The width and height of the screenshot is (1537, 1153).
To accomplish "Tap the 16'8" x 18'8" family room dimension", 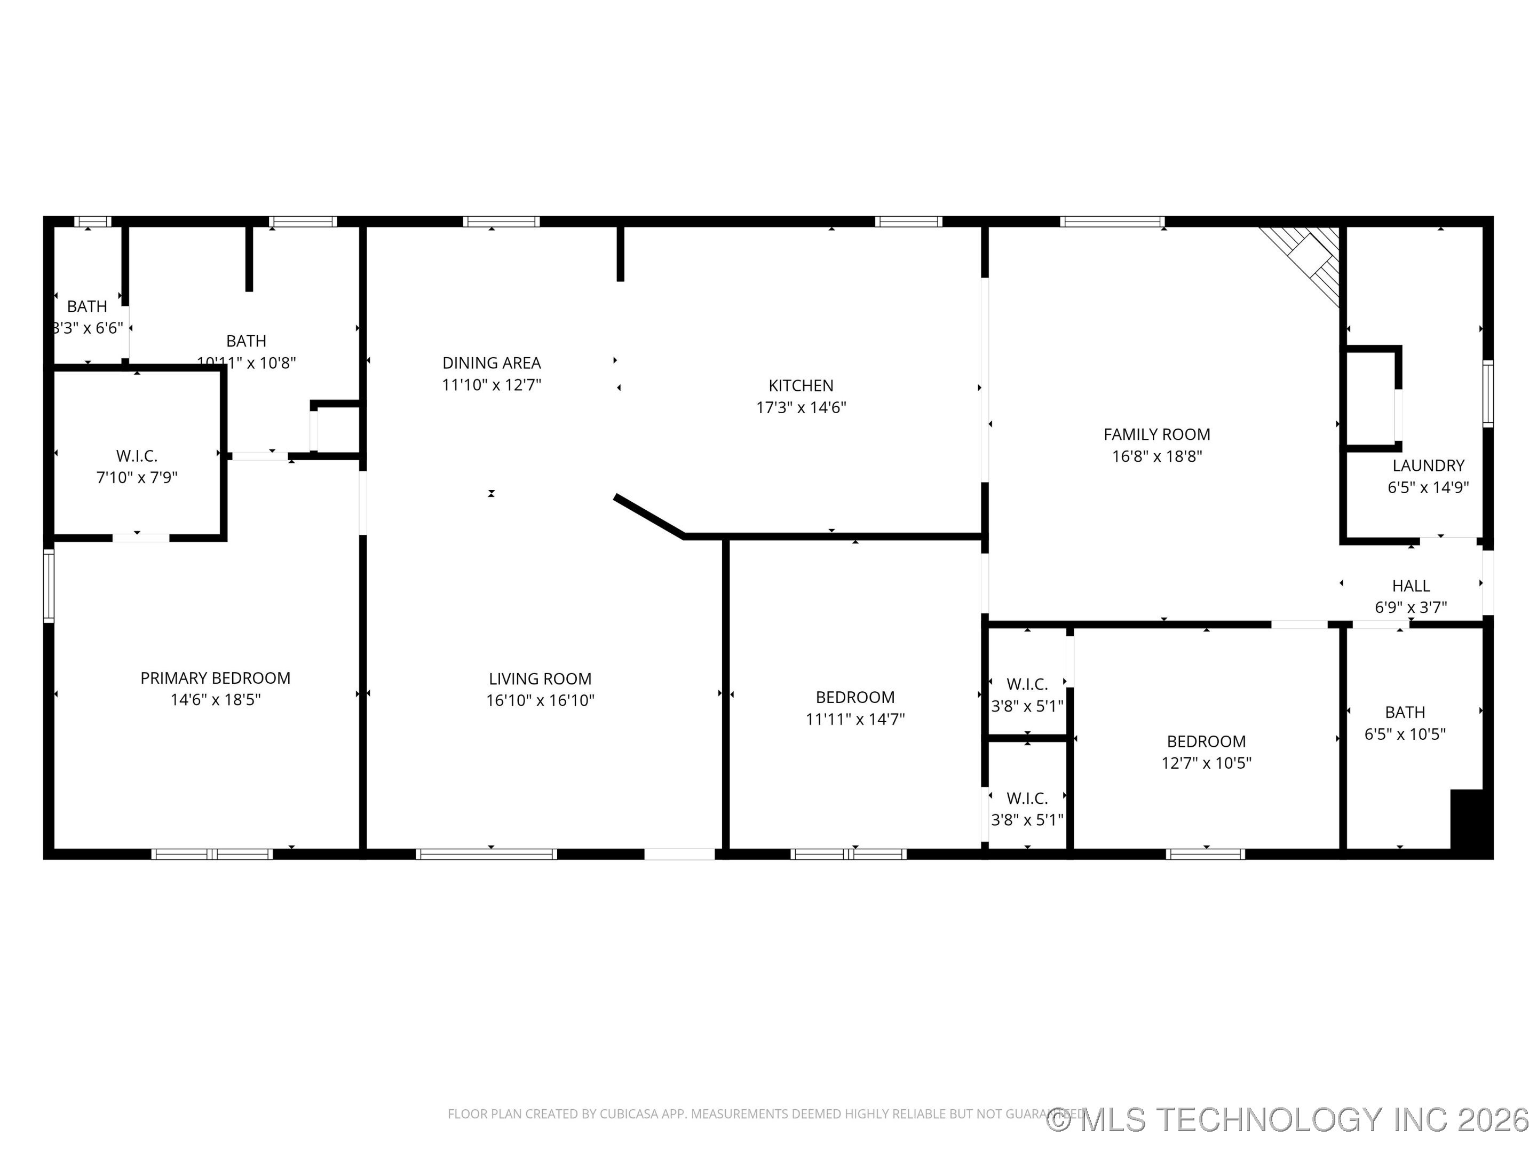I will [1156, 456].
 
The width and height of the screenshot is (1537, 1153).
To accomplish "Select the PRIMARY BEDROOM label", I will [216, 677].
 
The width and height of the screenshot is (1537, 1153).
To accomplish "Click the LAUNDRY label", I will [1428, 465].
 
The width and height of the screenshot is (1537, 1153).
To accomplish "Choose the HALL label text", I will [1411, 586].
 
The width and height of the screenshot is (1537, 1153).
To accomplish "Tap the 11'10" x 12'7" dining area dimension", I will [492, 384].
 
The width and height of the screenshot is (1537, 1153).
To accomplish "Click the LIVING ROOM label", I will [540, 678].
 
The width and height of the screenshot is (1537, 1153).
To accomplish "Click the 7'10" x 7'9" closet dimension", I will [137, 477].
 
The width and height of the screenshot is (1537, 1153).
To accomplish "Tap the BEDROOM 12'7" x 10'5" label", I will [1206, 751].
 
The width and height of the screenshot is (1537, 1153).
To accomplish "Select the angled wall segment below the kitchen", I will [649, 516].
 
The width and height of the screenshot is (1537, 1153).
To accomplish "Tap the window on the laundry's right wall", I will [1488, 393].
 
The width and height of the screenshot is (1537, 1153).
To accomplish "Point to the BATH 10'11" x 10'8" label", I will [246, 351].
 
